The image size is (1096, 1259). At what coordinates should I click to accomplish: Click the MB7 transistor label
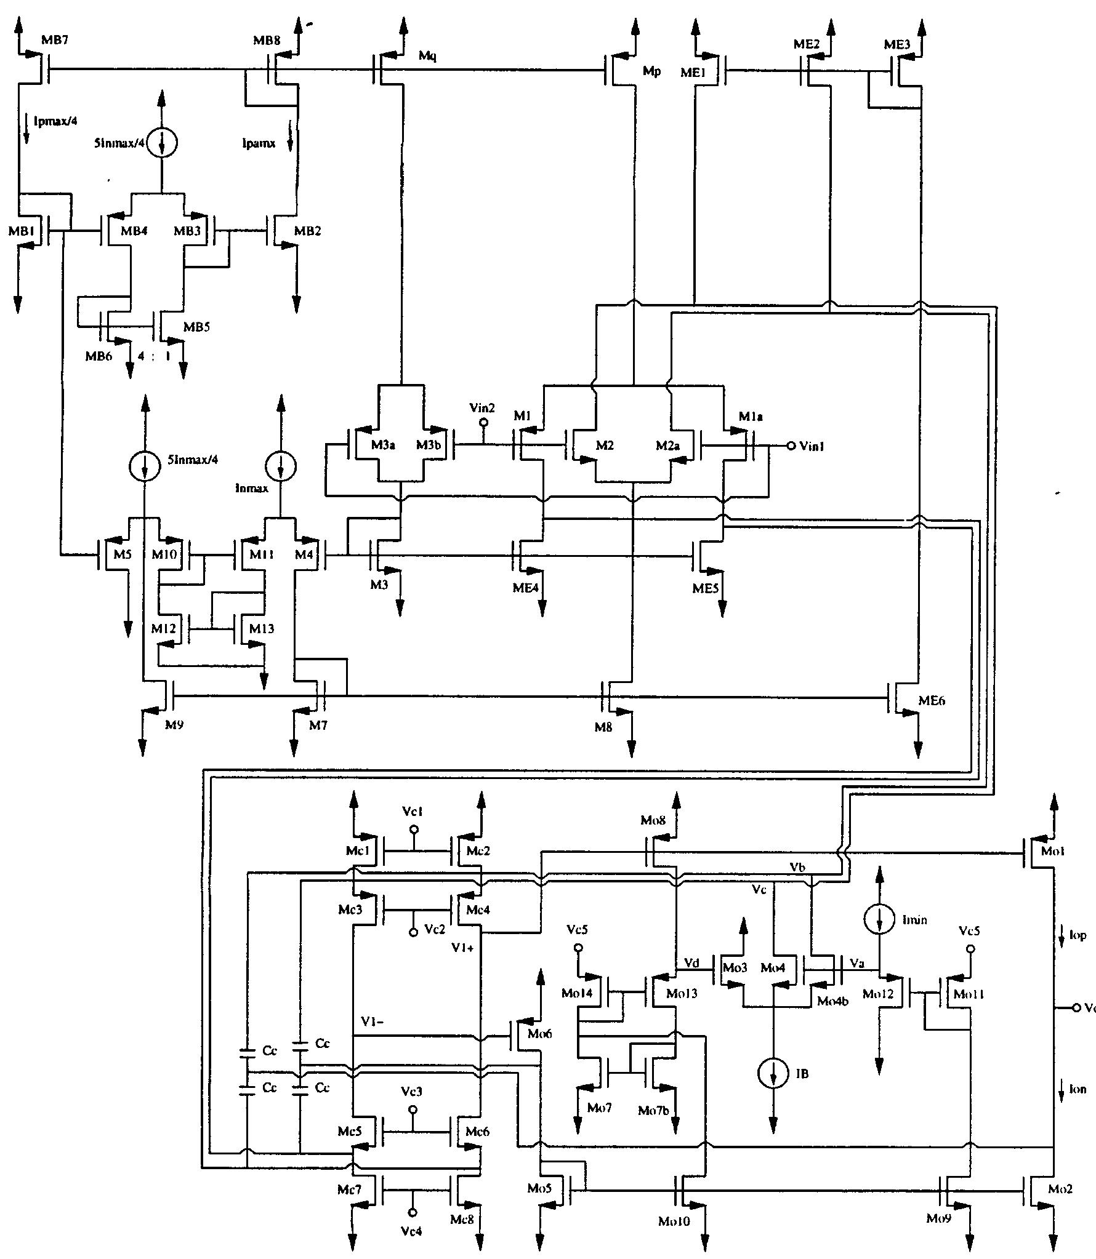pos(55,41)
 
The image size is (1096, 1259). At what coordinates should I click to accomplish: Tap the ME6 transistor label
pos(931,700)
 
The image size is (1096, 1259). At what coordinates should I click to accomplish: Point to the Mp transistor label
pos(651,72)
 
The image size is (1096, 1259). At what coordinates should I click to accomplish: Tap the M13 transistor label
pos(262,629)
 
